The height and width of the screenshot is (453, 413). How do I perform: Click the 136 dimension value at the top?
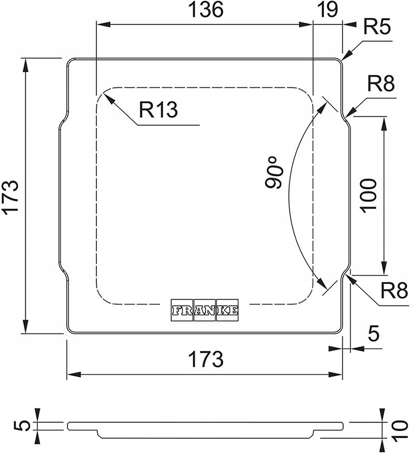(x=205, y=9)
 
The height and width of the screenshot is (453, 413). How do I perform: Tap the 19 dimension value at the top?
(x=327, y=9)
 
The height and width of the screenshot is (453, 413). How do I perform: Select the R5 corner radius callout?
(x=377, y=27)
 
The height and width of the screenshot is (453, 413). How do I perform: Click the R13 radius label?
(x=158, y=110)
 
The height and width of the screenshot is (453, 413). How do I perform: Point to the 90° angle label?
(x=273, y=172)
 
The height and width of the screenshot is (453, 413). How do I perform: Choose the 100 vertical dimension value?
(x=369, y=195)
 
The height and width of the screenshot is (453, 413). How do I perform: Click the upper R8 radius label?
(x=381, y=84)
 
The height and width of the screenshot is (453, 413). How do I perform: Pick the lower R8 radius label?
(x=394, y=291)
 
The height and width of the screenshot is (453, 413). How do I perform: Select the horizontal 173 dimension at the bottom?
(x=206, y=359)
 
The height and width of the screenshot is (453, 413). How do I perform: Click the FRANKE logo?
(x=205, y=310)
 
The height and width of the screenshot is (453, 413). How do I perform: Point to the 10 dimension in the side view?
(x=400, y=431)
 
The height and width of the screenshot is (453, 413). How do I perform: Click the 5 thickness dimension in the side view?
(x=24, y=426)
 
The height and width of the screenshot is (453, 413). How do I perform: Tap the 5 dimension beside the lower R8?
(x=373, y=333)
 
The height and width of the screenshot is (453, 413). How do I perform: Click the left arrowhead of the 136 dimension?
(x=103, y=25)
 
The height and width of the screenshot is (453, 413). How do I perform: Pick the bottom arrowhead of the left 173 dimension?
(x=26, y=327)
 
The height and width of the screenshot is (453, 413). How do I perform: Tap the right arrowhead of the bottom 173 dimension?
(x=335, y=375)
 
